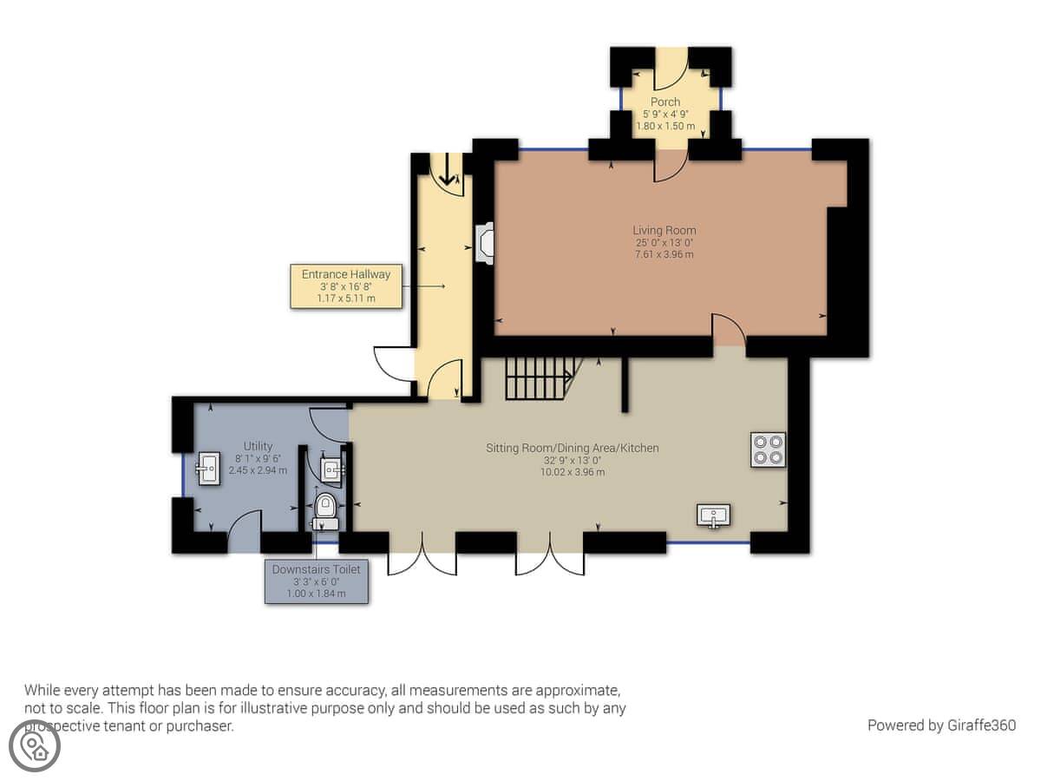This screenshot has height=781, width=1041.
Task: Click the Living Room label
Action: tap(664, 231)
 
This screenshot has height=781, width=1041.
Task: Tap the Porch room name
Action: tap(665, 102)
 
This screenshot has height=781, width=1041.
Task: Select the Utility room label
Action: tap(258, 446)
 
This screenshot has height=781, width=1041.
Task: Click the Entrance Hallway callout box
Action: tap(346, 286)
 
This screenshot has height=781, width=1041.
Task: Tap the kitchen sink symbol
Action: tap(713, 515)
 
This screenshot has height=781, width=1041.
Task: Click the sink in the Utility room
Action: tap(208, 469)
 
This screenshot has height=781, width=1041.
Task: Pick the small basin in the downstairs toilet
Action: tap(332, 470)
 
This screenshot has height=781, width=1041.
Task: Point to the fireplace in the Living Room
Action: tap(484, 243)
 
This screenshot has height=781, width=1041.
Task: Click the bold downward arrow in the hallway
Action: tap(446, 169)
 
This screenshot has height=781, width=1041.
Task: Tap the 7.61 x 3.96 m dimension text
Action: tap(664, 254)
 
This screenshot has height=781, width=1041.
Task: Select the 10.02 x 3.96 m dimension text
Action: tap(573, 472)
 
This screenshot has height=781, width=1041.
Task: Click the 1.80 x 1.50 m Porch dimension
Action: tap(665, 126)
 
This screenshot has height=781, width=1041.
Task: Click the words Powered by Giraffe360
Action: tap(941, 725)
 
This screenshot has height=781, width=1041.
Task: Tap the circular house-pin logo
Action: tap(35, 745)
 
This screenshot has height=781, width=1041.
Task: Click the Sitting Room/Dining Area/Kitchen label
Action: tap(573, 448)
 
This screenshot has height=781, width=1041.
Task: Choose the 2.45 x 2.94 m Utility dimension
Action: tap(258, 470)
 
